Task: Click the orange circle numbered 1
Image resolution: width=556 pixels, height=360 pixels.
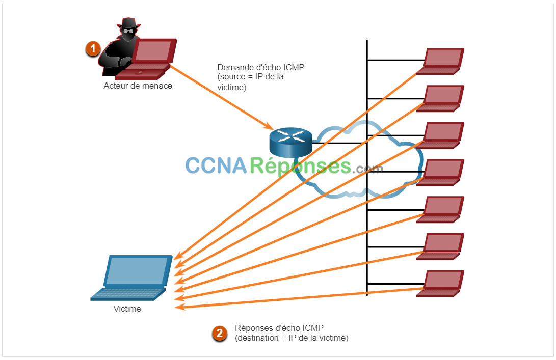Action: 93,48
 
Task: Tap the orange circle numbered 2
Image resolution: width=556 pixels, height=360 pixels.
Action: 220,334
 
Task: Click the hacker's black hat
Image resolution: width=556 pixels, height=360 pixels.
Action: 128,23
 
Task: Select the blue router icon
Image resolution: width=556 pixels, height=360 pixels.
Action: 291,142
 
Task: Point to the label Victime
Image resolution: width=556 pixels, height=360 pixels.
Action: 127,309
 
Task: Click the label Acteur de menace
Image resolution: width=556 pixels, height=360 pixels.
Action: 138,86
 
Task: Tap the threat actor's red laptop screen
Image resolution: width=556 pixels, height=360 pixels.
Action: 154,51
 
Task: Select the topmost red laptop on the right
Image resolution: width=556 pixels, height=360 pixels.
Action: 440,61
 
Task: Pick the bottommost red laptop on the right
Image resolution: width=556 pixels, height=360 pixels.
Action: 440,284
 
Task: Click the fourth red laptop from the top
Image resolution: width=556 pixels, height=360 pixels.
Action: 440,173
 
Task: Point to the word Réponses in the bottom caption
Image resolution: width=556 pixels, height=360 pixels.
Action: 253,328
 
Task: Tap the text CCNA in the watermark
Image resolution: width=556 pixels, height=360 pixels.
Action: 216,165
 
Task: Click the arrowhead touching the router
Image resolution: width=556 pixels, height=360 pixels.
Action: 268,126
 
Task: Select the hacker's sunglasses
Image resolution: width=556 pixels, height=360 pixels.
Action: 128,31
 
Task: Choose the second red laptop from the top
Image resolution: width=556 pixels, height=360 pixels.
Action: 440,98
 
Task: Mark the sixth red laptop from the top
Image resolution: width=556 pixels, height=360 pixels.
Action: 440,246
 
